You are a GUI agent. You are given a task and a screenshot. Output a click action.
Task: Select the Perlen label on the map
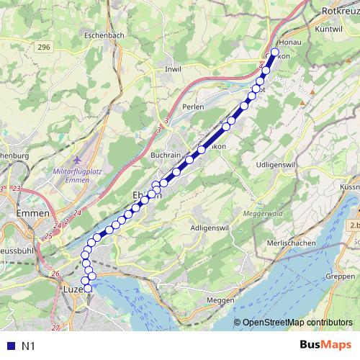click(193, 107)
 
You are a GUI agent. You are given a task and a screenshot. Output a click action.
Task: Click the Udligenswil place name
click(279, 165)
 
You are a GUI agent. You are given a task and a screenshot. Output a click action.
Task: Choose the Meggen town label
click(220, 300)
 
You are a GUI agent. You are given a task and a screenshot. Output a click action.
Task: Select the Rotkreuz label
click(341, 12)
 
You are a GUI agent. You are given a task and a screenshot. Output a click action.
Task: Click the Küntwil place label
click(328, 28)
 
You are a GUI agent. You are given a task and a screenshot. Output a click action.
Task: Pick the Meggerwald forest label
click(266, 214)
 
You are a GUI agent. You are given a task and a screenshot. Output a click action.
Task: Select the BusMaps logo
click(325, 345)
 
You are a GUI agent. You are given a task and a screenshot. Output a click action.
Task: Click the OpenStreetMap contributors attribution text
click(297, 323)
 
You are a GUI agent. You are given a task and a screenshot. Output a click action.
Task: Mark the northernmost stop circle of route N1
click(274, 52)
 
